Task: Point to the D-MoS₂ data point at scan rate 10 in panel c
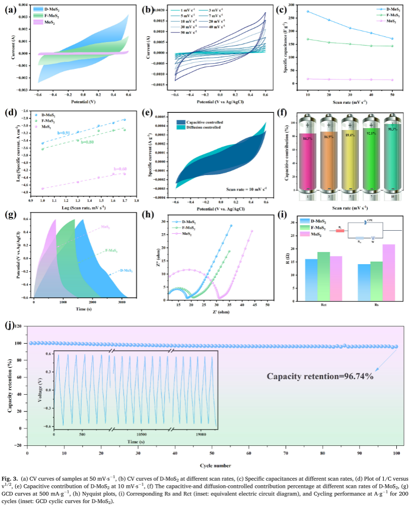pyautogui.click(x=308, y=11)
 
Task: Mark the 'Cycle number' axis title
pyautogui.click(x=212, y=466)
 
